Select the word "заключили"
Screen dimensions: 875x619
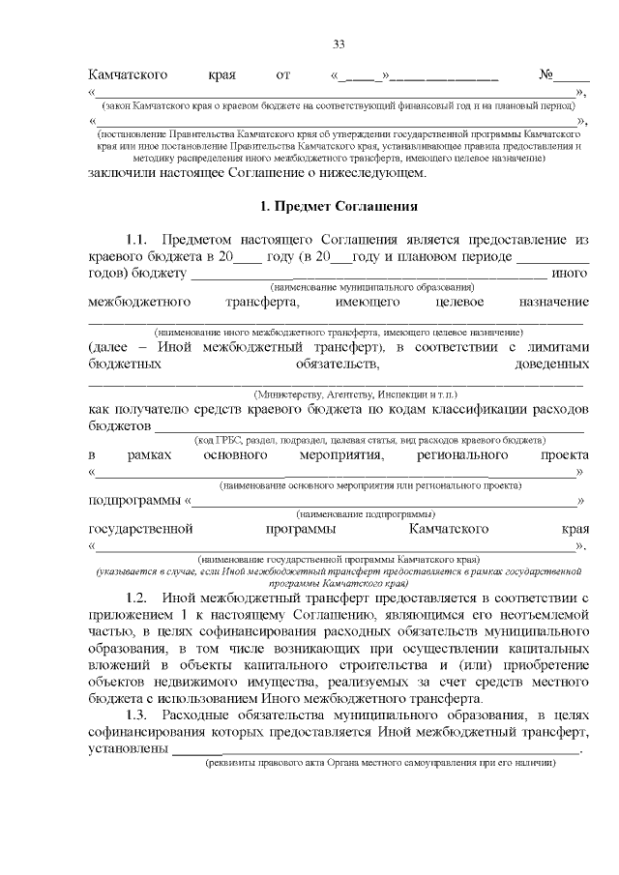tap(122, 173)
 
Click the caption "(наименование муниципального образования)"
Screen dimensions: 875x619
tap(372, 287)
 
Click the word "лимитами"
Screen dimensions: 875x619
tap(554, 346)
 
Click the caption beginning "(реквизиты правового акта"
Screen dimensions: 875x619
tap(379, 763)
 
